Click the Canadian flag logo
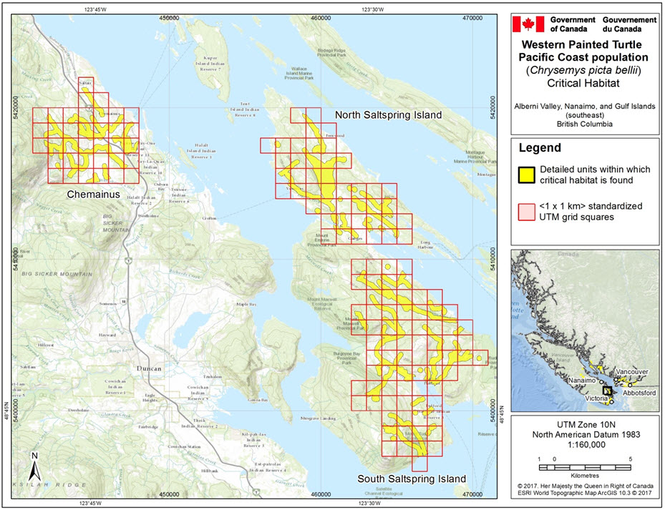click(530, 24)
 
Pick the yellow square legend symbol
click(527, 175)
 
